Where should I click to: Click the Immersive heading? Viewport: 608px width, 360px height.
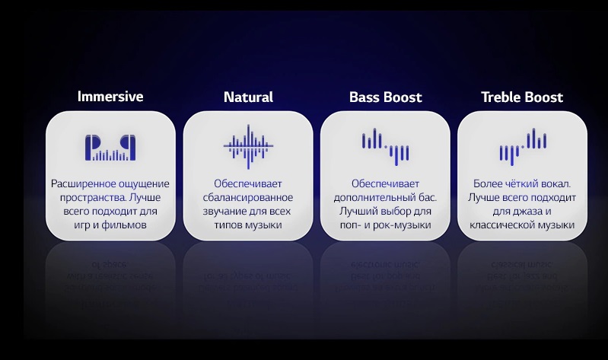tap(110, 97)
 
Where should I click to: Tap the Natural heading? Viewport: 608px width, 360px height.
tap(248, 97)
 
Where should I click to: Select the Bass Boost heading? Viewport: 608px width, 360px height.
tap(386, 97)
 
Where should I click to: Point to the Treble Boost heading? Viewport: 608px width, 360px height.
tap(522, 97)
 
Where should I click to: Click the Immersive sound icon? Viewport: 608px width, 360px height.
tap(110, 148)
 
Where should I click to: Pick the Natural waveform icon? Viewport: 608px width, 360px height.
tap(248, 147)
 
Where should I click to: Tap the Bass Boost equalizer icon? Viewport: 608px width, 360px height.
tap(386, 147)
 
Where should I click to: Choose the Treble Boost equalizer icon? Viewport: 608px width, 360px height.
tap(523, 147)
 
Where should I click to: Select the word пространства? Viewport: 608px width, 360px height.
tap(93, 198)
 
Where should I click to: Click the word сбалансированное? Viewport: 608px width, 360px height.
tap(248, 197)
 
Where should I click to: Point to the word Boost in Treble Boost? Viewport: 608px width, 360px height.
tap(543, 97)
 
